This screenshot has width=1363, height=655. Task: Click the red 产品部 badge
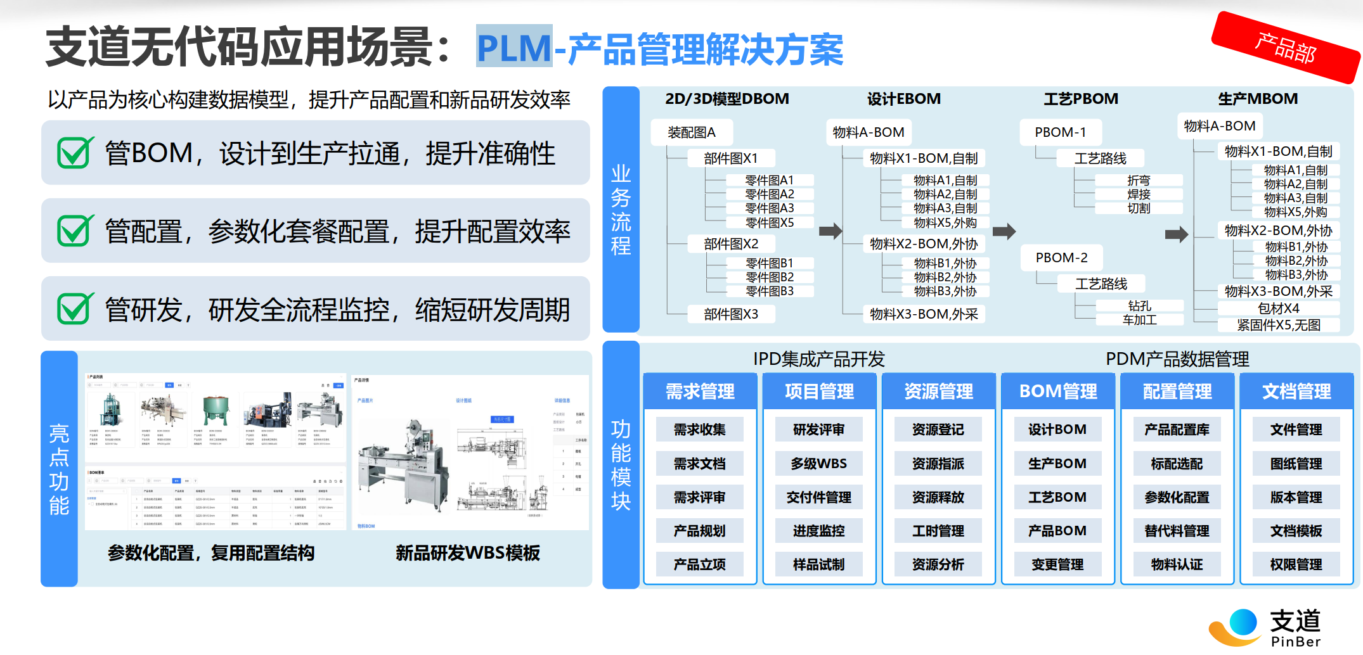[1285, 48]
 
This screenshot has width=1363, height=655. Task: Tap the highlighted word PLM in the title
[514, 47]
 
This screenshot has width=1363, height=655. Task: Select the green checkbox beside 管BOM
[75, 153]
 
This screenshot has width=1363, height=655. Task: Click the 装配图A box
[691, 132]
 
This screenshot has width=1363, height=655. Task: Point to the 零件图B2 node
[770, 277]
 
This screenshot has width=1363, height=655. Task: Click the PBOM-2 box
[1061, 258]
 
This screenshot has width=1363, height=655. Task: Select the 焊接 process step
[1139, 194]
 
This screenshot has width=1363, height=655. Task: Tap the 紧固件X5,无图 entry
[1278, 325]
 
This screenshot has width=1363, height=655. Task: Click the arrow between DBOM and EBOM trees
[830, 231]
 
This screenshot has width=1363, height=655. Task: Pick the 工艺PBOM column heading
[1081, 99]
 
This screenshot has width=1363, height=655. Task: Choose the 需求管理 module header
[700, 391]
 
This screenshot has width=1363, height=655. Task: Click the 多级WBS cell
[818, 464]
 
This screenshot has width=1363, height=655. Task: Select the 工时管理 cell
[938, 531]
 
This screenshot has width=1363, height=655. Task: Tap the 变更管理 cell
[1057, 564]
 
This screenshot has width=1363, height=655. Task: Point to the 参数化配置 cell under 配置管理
[1177, 497]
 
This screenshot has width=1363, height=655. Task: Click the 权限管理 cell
[1296, 564]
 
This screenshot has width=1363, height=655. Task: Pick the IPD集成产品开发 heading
[818, 359]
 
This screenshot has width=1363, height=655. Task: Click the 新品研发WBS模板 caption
[468, 553]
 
